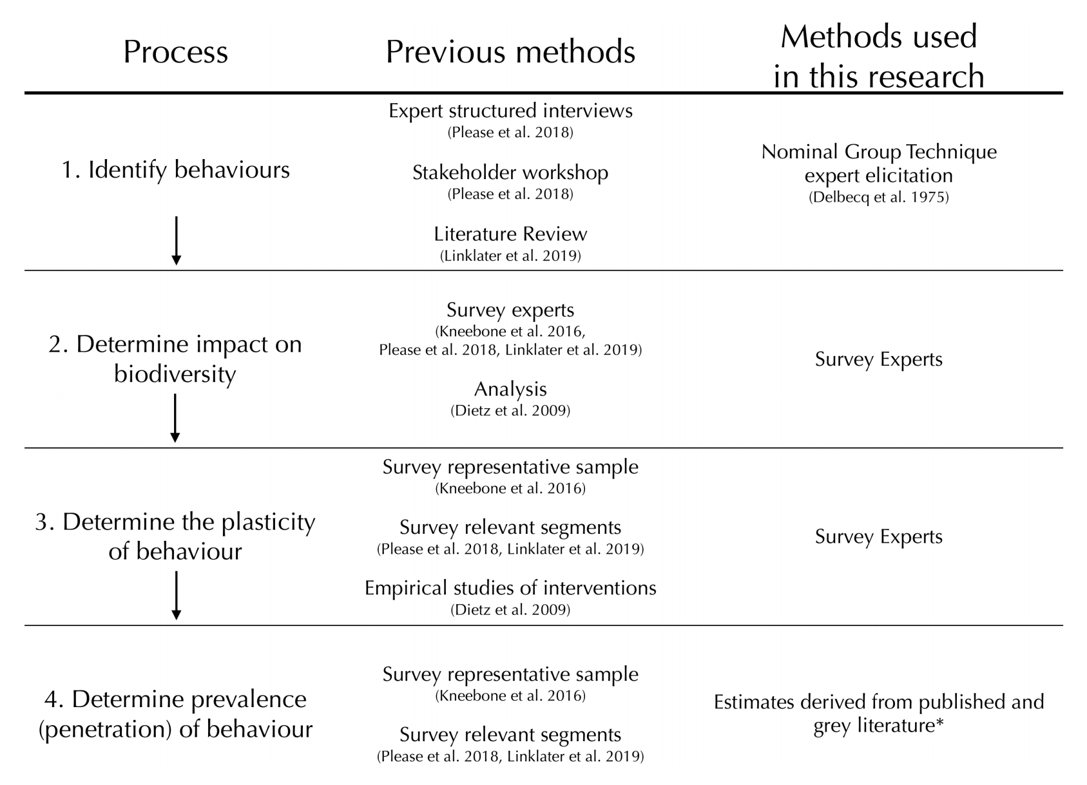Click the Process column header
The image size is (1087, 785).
[x=175, y=52]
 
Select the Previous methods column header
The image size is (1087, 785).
[x=510, y=52]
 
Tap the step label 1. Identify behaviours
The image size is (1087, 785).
[x=175, y=170]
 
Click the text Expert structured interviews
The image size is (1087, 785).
[x=510, y=111]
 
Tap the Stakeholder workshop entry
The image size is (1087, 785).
[x=510, y=173]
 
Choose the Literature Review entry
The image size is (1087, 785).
[x=510, y=234]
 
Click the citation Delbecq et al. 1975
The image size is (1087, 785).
[x=878, y=198]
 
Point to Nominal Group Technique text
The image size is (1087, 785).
[x=878, y=152]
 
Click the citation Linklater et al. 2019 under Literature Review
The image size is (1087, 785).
[x=510, y=256]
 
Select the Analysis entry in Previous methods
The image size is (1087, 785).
[x=510, y=389]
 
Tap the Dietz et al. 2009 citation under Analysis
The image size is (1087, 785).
[x=510, y=411]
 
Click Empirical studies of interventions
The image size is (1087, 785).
[x=510, y=588]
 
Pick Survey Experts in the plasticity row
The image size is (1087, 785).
[x=878, y=536]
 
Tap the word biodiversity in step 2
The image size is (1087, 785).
[x=175, y=374]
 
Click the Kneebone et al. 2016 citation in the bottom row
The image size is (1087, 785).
[x=510, y=696]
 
